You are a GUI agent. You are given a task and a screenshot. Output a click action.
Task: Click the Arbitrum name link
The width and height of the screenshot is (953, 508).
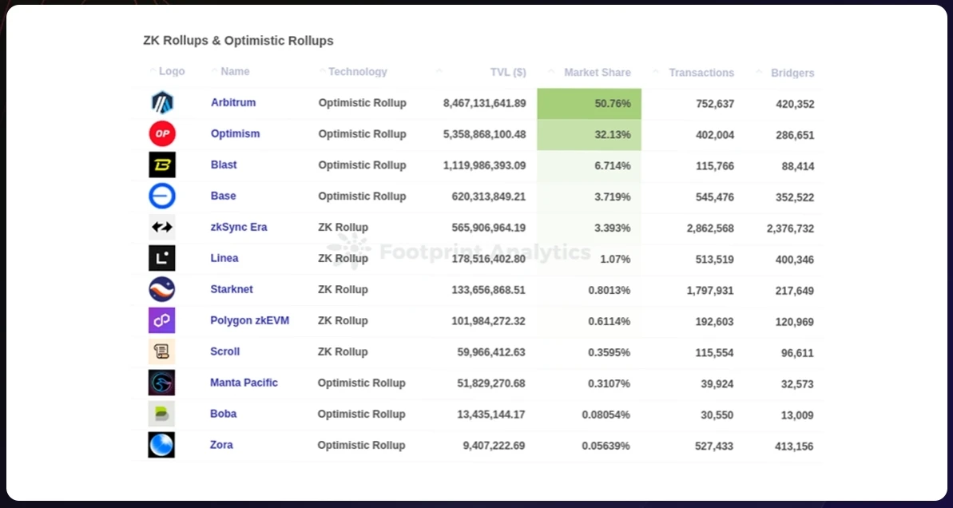[x=233, y=102]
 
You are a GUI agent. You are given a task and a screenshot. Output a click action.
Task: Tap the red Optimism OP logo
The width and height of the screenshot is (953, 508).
[x=162, y=133]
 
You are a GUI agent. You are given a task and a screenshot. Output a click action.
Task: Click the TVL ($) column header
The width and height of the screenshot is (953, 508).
[x=508, y=72]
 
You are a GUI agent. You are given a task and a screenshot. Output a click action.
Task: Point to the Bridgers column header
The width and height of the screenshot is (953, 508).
[x=792, y=73]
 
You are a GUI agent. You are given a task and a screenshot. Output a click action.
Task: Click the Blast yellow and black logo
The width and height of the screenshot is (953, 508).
[x=162, y=165]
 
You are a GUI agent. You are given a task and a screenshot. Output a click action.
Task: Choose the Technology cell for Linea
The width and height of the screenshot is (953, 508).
[x=343, y=258]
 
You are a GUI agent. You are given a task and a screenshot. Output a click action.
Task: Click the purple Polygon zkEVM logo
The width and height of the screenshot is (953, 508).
[x=161, y=320]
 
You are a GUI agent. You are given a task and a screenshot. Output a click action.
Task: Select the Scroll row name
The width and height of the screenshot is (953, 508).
[x=225, y=351]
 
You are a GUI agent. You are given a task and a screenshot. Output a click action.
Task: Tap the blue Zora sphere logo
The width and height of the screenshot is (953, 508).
[x=161, y=445]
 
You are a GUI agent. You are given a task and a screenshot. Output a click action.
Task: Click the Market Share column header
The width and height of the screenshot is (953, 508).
[x=597, y=72]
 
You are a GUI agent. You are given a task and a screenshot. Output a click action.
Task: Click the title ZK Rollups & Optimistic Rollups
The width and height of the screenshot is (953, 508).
[x=238, y=40]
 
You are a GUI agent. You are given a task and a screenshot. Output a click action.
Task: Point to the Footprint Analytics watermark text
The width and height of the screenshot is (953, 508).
[x=484, y=252]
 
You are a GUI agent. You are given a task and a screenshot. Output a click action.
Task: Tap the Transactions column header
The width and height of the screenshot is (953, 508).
[x=701, y=73]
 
